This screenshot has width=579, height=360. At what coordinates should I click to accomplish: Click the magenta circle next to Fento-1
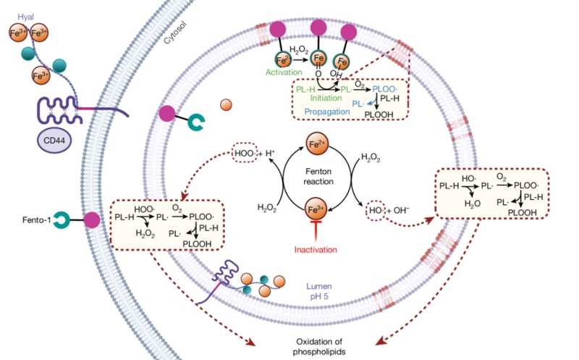click(92, 219)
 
